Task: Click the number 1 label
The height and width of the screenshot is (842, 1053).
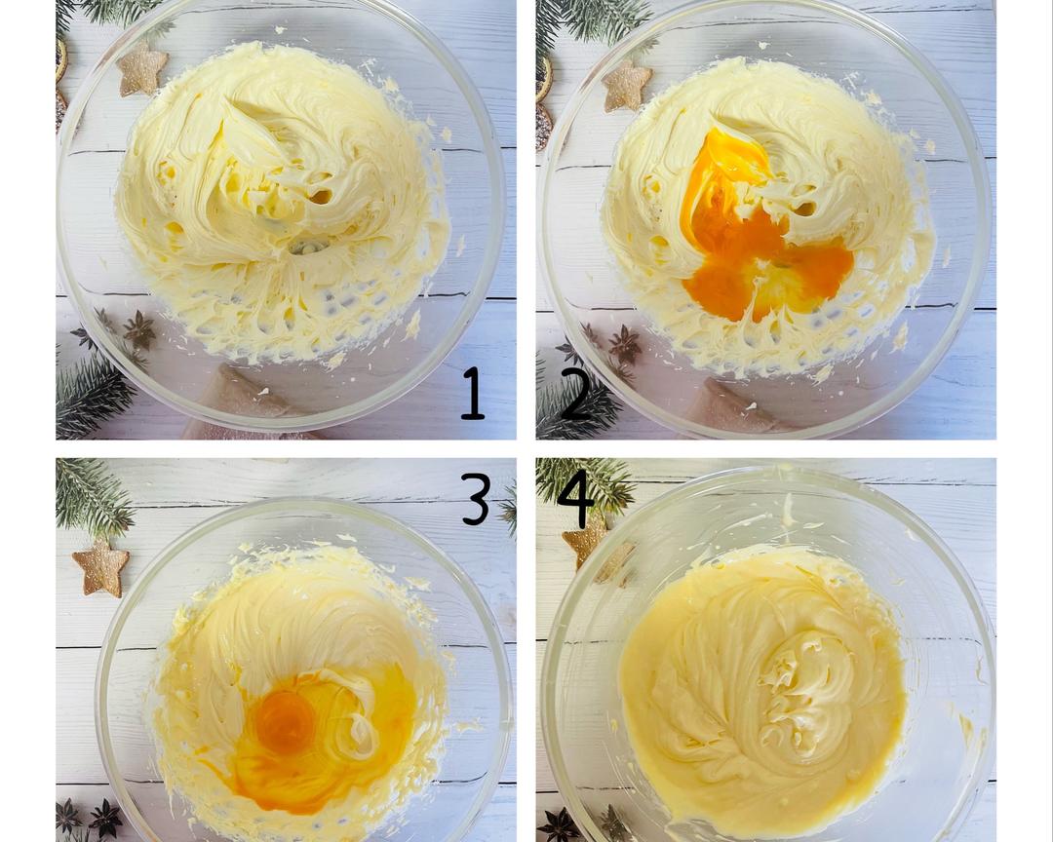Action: tap(473, 393)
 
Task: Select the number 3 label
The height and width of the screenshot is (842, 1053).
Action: tap(476, 499)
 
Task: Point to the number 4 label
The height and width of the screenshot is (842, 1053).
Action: tap(576, 495)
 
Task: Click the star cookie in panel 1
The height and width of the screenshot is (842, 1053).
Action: tap(142, 69)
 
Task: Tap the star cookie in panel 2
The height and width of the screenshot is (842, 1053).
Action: tap(627, 86)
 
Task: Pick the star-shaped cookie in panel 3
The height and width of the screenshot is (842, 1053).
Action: tap(100, 568)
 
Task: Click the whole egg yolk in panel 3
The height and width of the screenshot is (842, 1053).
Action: tap(285, 722)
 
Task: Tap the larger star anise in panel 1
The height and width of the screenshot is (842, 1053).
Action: tap(139, 330)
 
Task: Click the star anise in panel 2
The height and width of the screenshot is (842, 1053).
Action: tap(625, 344)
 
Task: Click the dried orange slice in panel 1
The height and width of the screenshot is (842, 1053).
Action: tap(61, 60)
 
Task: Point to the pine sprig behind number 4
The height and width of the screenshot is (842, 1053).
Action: tap(584, 484)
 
